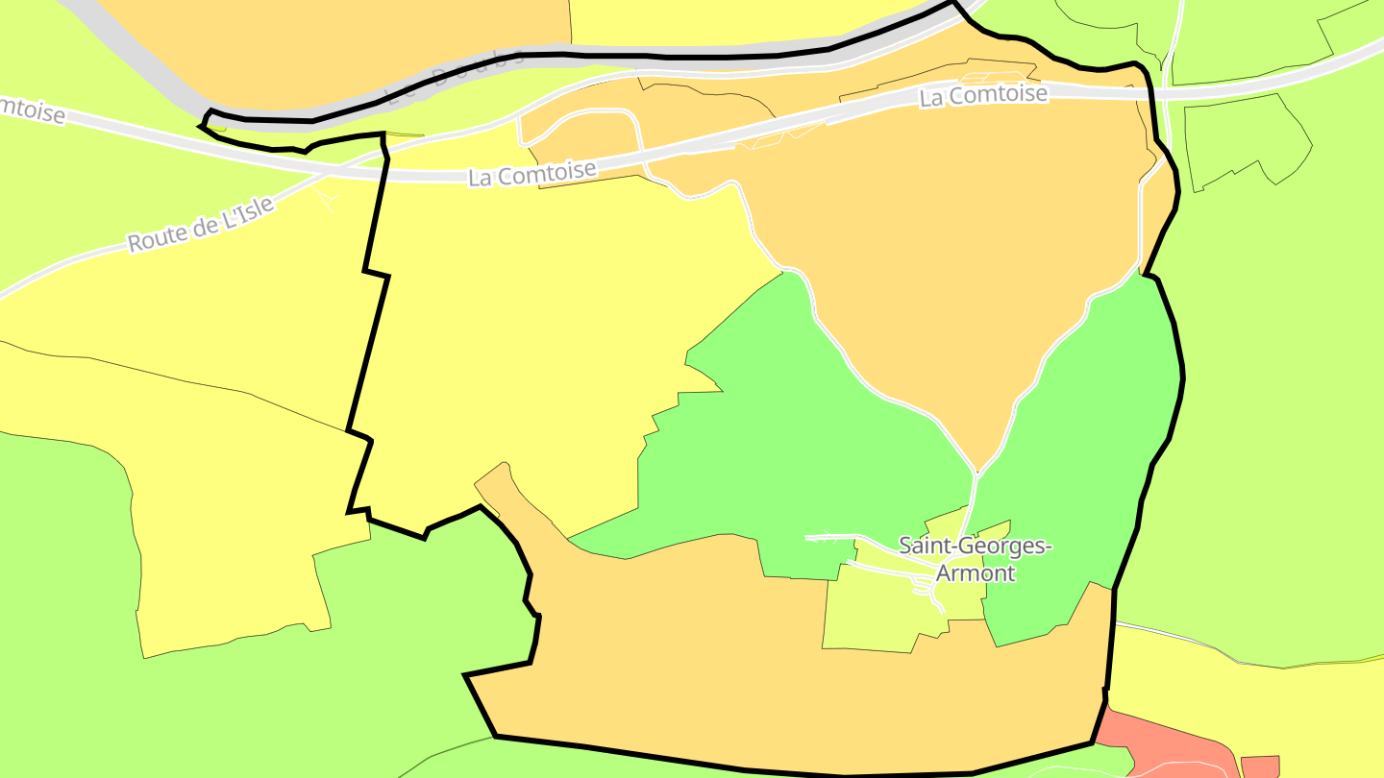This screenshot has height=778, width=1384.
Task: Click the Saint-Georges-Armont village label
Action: pyautogui.click(x=975, y=559)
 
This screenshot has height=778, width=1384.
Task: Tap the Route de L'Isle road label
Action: pyautogui.click(x=201, y=225)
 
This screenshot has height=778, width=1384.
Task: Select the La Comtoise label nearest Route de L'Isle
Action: pyautogui.click(x=532, y=173)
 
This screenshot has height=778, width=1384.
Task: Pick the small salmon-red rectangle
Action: pyautogui.click(x=1260, y=766)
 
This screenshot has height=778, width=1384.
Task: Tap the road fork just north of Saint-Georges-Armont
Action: pyautogui.click(x=976, y=473)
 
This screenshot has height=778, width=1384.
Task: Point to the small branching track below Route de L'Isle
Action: pyautogui.click(x=327, y=198)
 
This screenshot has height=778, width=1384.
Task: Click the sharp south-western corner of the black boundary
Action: pyautogui.click(x=466, y=676)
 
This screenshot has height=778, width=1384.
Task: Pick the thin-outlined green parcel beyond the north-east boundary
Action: pyautogui.click(x=1249, y=139)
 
